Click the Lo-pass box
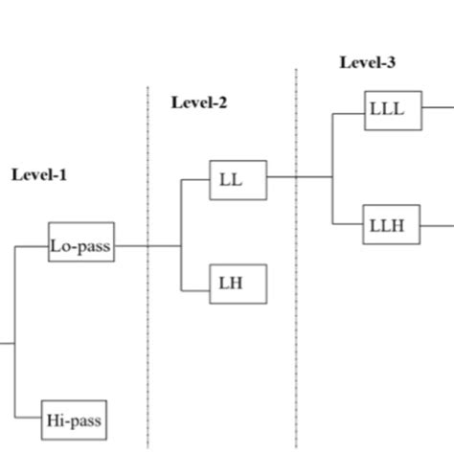tap(81, 246)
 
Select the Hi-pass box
tap(75, 420)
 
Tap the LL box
tap(238, 179)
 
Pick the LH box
tap(238, 284)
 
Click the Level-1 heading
tap(39, 175)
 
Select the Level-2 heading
tap(199, 102)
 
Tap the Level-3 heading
tap(367, 63)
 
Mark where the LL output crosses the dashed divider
tap(296, 177)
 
